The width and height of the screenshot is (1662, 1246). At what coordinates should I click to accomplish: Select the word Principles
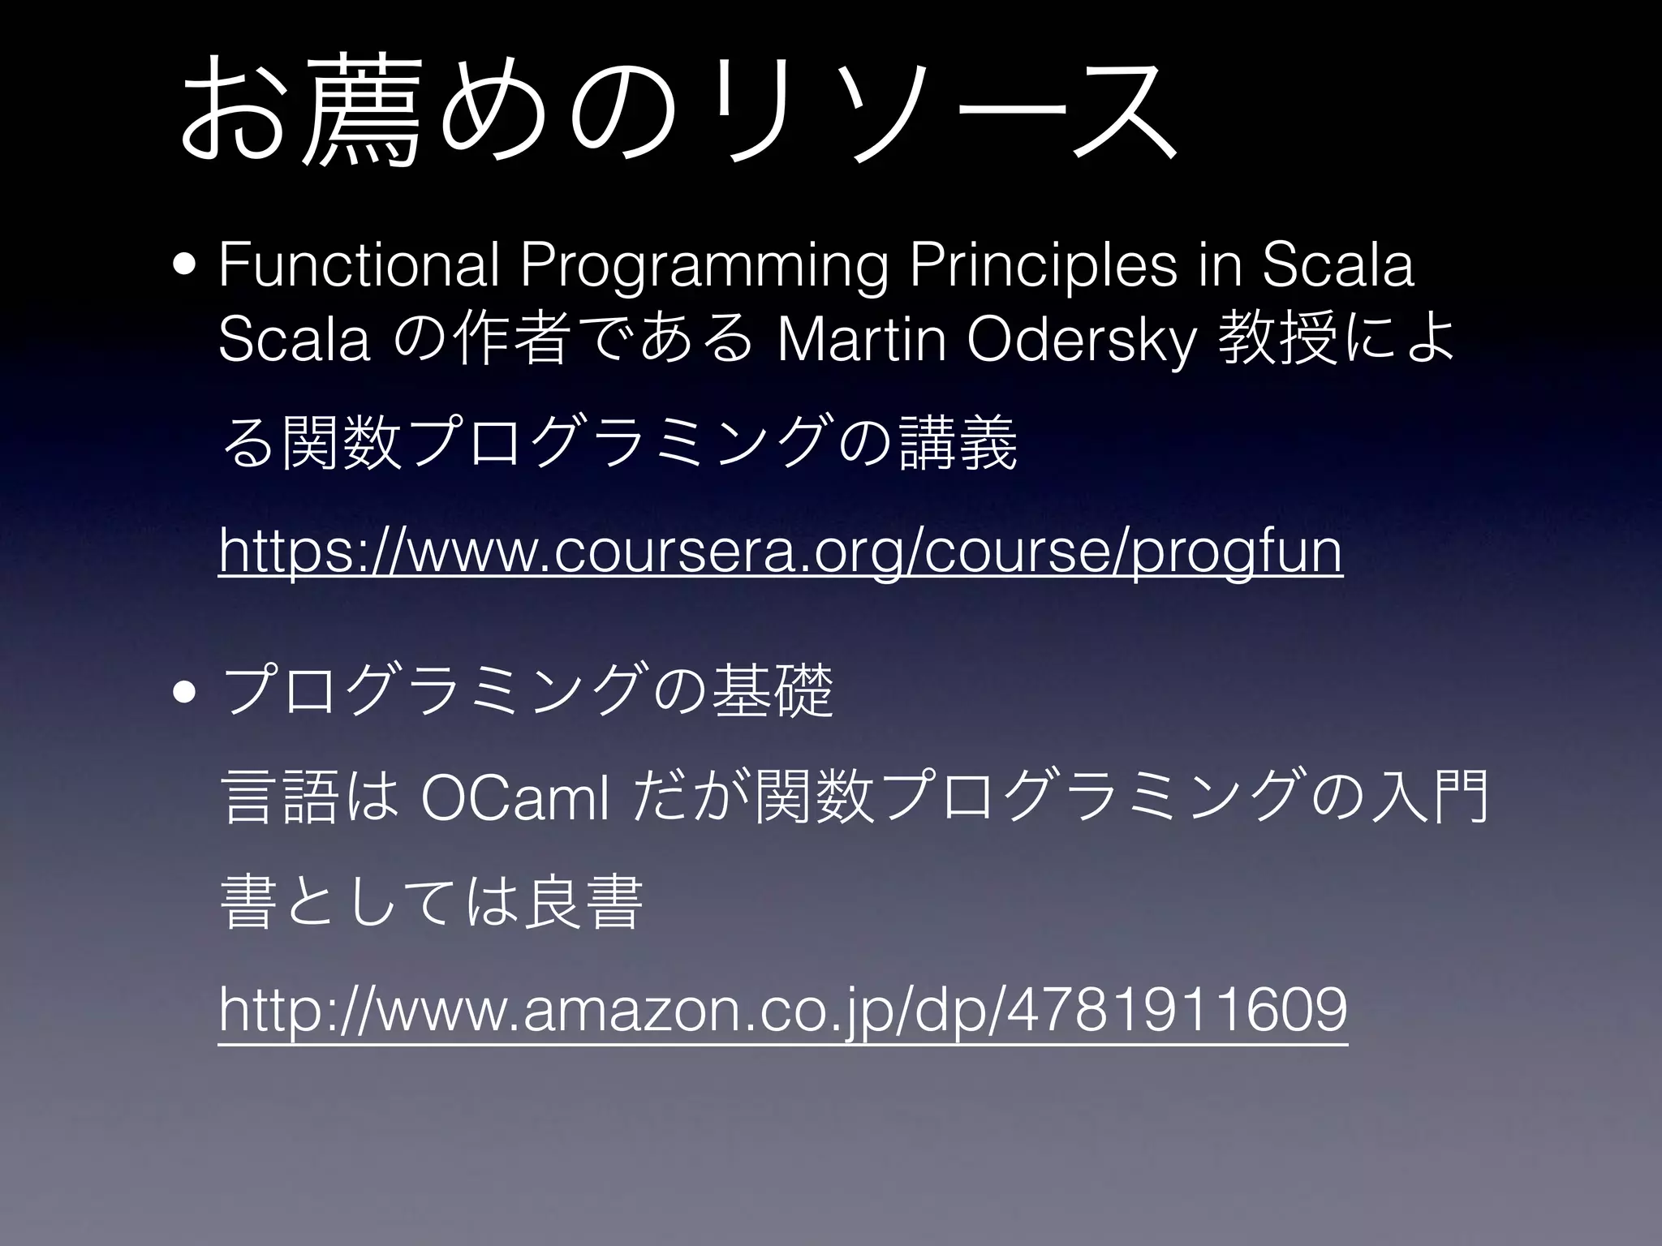(1042, 266)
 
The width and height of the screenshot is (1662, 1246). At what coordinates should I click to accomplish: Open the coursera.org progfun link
(780, 552)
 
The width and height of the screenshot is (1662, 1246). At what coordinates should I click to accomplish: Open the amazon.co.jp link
(782, 1011)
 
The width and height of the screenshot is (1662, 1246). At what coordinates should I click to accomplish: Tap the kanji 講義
(958, 444)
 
